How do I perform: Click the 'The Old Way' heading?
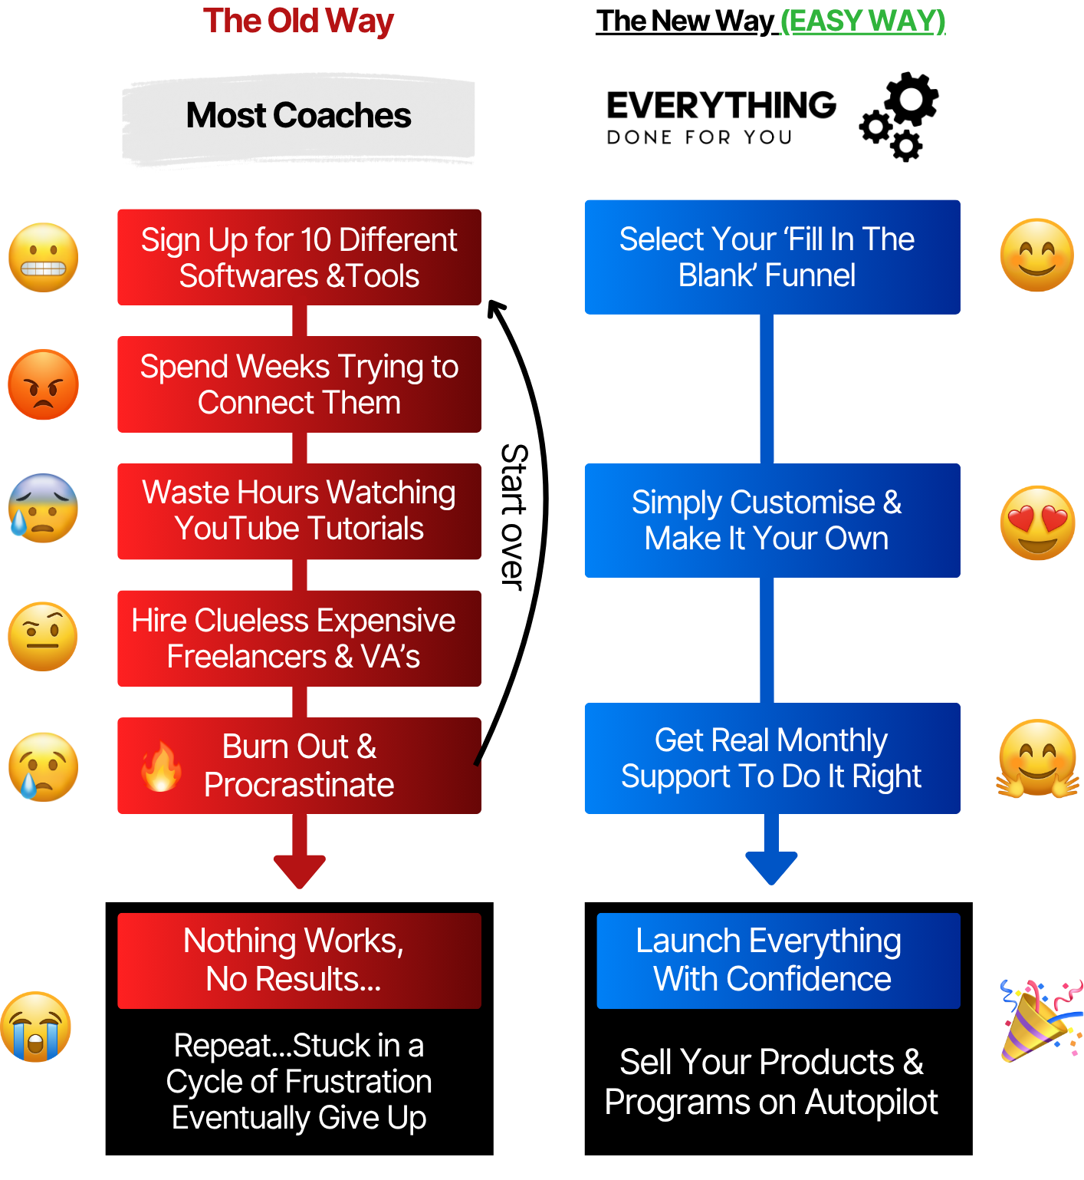point(298,21)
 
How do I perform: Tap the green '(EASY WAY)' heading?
point(862,21)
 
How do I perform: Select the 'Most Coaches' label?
point(298,116)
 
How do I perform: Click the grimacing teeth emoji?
point(44,258)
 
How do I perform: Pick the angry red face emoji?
point(44,385)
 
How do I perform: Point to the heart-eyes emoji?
point(1036,522)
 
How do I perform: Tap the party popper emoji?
point(1039,1021)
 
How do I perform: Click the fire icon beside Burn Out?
point(162,766)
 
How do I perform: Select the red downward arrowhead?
point(300,870)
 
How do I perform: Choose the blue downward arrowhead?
point(771,867)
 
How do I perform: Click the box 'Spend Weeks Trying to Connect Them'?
point(299,384)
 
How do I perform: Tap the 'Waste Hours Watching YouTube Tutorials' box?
point(299,511)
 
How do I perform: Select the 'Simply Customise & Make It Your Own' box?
point(771,520)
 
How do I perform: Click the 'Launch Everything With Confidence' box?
point(777,961)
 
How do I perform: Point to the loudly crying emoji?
point(36,1027)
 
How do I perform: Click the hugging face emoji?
point(1037,760)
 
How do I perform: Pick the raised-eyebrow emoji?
point(43,637)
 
